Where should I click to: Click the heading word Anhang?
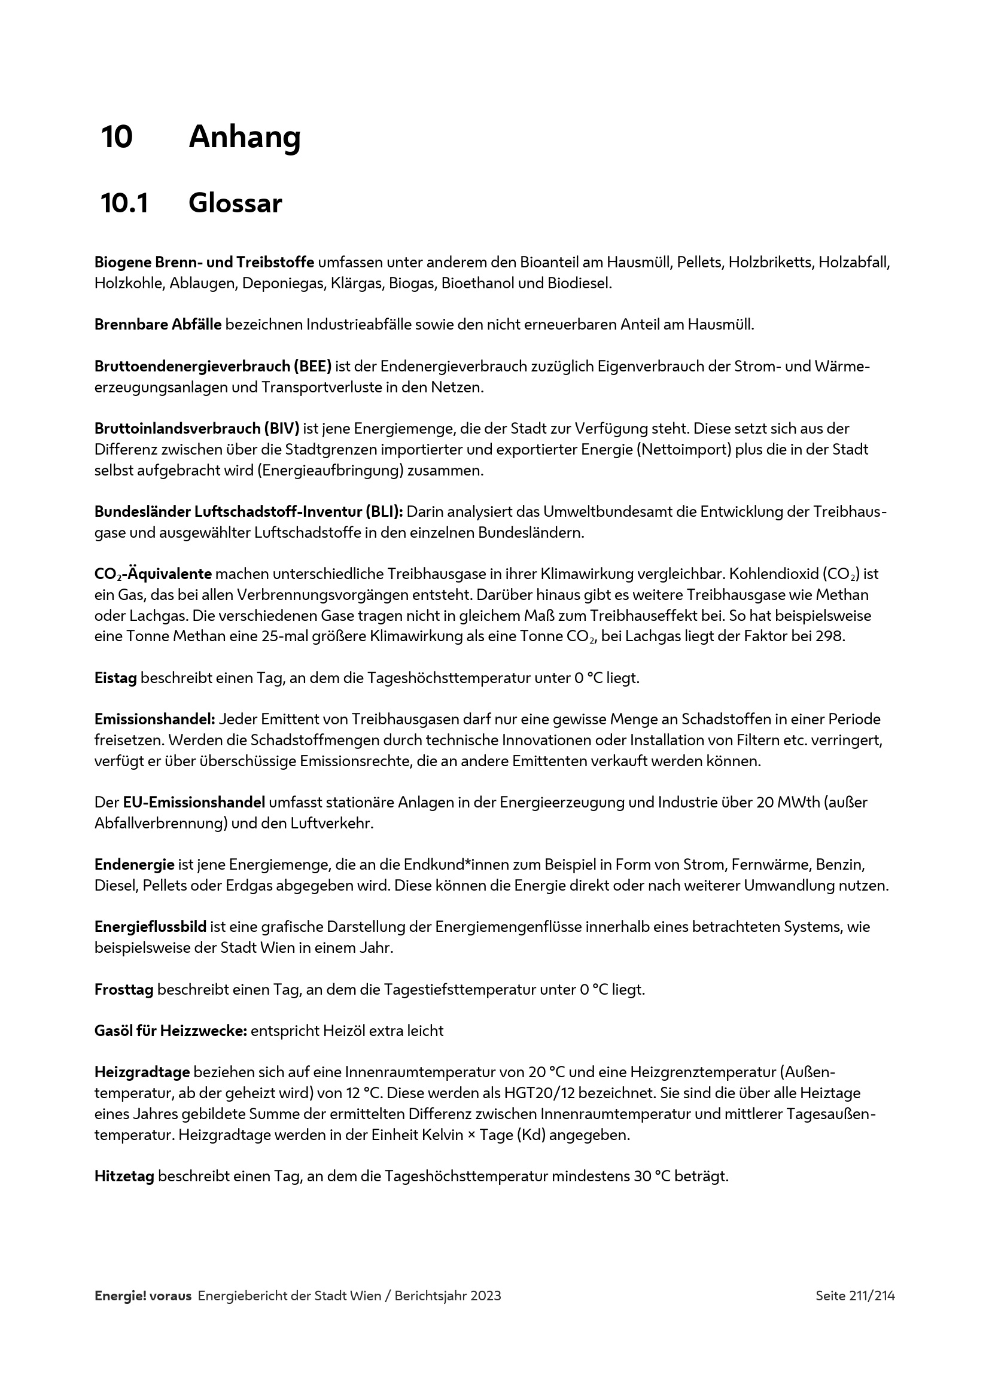[244, 137]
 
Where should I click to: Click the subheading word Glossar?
[235, 203]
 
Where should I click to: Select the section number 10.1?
[124, 203]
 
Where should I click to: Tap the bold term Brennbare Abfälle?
[158, 325]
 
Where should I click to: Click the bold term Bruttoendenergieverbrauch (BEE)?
[212, 366]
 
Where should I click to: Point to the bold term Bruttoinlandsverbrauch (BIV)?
[197, 428]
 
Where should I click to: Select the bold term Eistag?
[116, 678]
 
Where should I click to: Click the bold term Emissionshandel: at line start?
[155, 719]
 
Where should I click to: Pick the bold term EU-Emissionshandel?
[194, 802]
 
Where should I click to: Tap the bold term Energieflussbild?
[151, 926]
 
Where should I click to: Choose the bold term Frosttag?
[124, 989]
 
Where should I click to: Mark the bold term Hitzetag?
[124, 1176]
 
